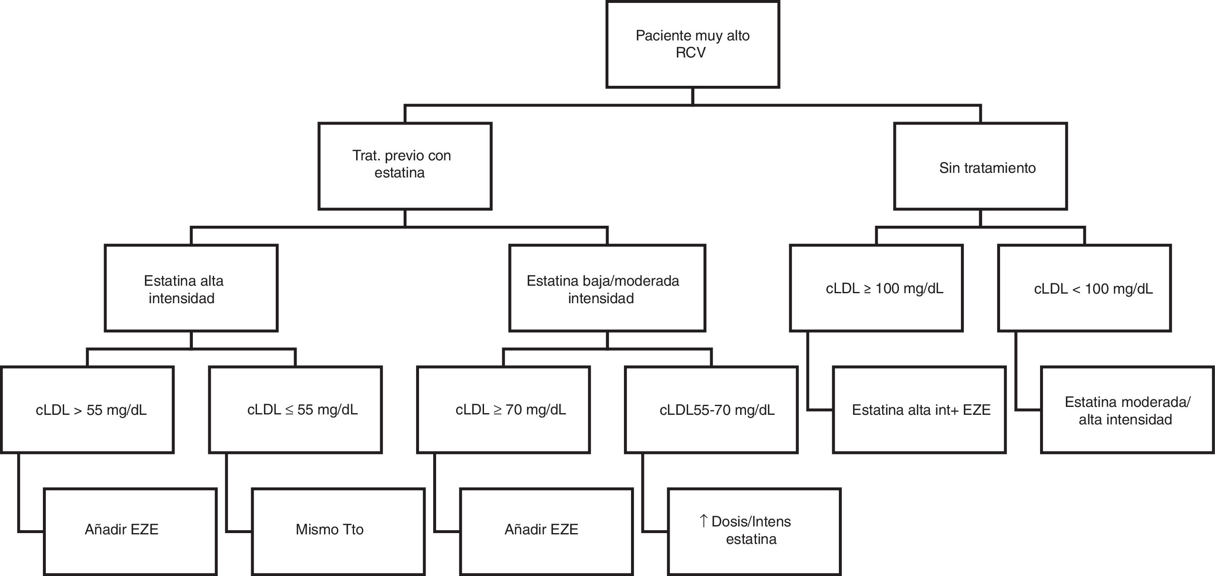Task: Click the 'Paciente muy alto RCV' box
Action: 692,44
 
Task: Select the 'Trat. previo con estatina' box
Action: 405,166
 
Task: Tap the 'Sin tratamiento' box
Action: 980,166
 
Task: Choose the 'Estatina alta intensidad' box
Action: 191,288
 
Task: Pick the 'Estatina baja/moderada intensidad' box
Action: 607,288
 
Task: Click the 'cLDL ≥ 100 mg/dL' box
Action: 876,288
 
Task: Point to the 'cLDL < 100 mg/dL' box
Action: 1084,288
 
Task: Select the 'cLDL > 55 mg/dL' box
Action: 87,409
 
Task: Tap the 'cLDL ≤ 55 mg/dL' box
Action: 295,409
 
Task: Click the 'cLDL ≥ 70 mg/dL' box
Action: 503,409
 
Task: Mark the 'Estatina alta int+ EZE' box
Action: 919,409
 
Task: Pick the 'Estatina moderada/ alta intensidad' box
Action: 1127,409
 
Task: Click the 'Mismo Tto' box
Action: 338,531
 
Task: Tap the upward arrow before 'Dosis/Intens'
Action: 703,521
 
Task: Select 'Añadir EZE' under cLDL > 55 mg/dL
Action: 130,531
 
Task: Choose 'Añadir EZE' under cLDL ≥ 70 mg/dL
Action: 546,531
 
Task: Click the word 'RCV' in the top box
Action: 691,53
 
